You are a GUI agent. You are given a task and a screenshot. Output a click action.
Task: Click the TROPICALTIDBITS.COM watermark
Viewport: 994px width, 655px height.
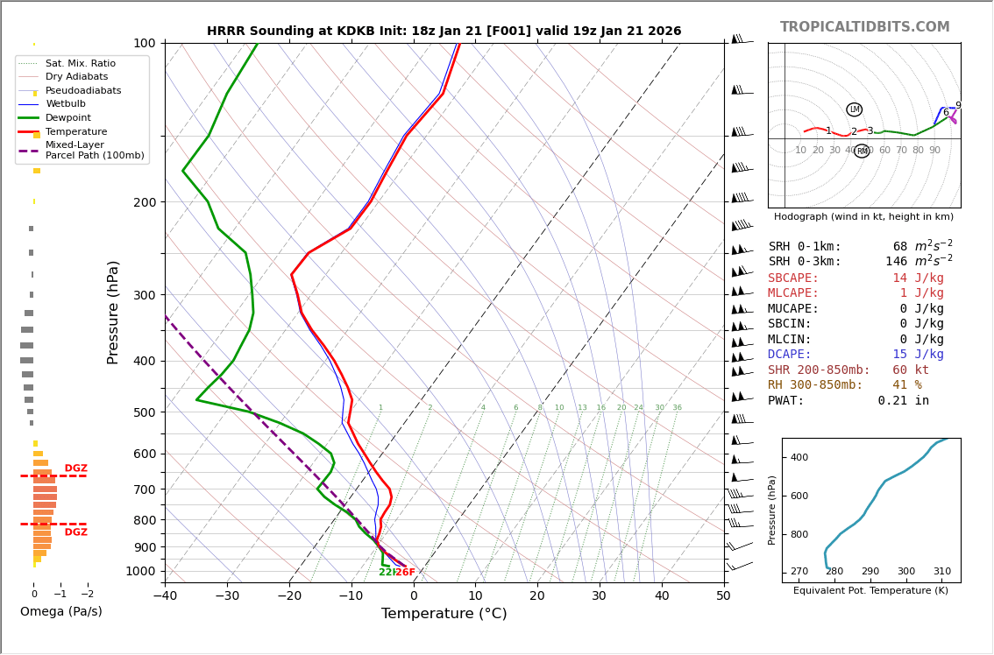click(x=864, y=27)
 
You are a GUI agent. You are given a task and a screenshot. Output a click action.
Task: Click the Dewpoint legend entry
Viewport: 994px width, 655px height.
click(x=68, y=118)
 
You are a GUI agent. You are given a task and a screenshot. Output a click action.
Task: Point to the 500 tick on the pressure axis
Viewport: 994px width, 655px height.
click(x=144, y=412)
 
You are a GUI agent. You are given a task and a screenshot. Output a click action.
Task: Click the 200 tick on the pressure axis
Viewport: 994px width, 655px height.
click(x=144, y=202)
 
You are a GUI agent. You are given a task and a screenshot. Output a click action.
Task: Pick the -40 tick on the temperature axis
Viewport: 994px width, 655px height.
click(x=165, y=596)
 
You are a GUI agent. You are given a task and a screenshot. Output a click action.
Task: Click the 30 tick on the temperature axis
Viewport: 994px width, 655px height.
click(x=600, y=596)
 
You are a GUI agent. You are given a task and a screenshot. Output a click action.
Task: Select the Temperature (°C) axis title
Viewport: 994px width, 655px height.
click(x=444, y=614)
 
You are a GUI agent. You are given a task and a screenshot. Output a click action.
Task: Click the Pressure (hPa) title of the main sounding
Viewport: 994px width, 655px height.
click(x=113, y=312)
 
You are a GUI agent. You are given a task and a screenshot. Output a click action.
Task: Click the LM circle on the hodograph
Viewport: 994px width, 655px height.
click(x=854, y=109)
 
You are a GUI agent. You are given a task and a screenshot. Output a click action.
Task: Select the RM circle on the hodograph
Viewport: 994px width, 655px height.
click(x=862, y=151)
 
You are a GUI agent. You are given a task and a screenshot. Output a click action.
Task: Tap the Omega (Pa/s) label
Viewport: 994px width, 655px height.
click(x=60, y=612)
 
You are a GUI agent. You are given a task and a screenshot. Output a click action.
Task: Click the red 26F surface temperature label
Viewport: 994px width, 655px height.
click(x=405, y=573)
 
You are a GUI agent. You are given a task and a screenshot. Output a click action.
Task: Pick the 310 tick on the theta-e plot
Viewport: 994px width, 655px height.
click(x=941, y=572)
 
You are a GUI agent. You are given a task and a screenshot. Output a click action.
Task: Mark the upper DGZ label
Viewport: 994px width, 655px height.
click(x=75, y=468)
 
